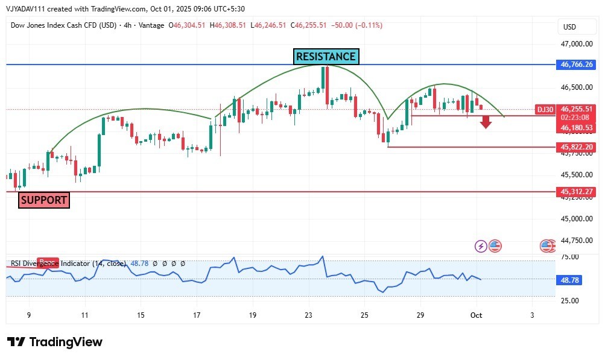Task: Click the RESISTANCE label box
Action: [x=326, y=57]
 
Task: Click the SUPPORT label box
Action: [x=43, y=200]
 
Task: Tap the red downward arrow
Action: [x=486, y=122]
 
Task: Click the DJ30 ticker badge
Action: [x=545, y=110]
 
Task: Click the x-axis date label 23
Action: [x=309, y=315]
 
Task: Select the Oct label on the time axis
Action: [x=476, y=315]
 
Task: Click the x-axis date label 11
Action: [x=85, y=315]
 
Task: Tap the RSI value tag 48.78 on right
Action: [x=571, y=280]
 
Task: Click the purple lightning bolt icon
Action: [x=481, y=246]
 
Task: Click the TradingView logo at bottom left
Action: [x=55, y=342]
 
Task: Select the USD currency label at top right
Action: [x=569, y=27]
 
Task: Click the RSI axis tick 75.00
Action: [x=570, y=257]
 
